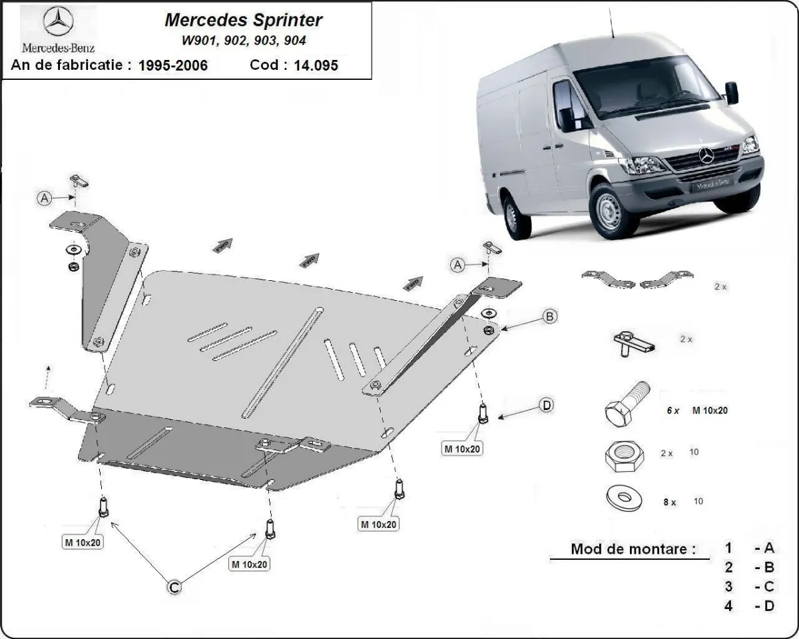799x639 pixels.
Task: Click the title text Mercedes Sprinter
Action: point(243,20)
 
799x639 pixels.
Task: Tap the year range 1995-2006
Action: point(172,65)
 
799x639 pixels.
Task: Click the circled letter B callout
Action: point(549,317)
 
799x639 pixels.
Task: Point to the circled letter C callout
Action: point(173,586)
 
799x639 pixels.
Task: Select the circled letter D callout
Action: point(546,405)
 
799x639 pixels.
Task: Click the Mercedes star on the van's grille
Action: point(706,156)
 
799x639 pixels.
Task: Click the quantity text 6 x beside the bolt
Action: point(673,411)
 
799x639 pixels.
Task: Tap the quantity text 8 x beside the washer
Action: point(669,503)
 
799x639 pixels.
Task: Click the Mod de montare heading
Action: point(633,550)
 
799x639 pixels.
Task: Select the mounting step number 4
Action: point(729,606)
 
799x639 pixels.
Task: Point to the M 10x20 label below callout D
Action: point(462,449)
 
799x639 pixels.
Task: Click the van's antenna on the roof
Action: point(609,20)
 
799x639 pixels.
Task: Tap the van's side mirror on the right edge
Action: point(732,93)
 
